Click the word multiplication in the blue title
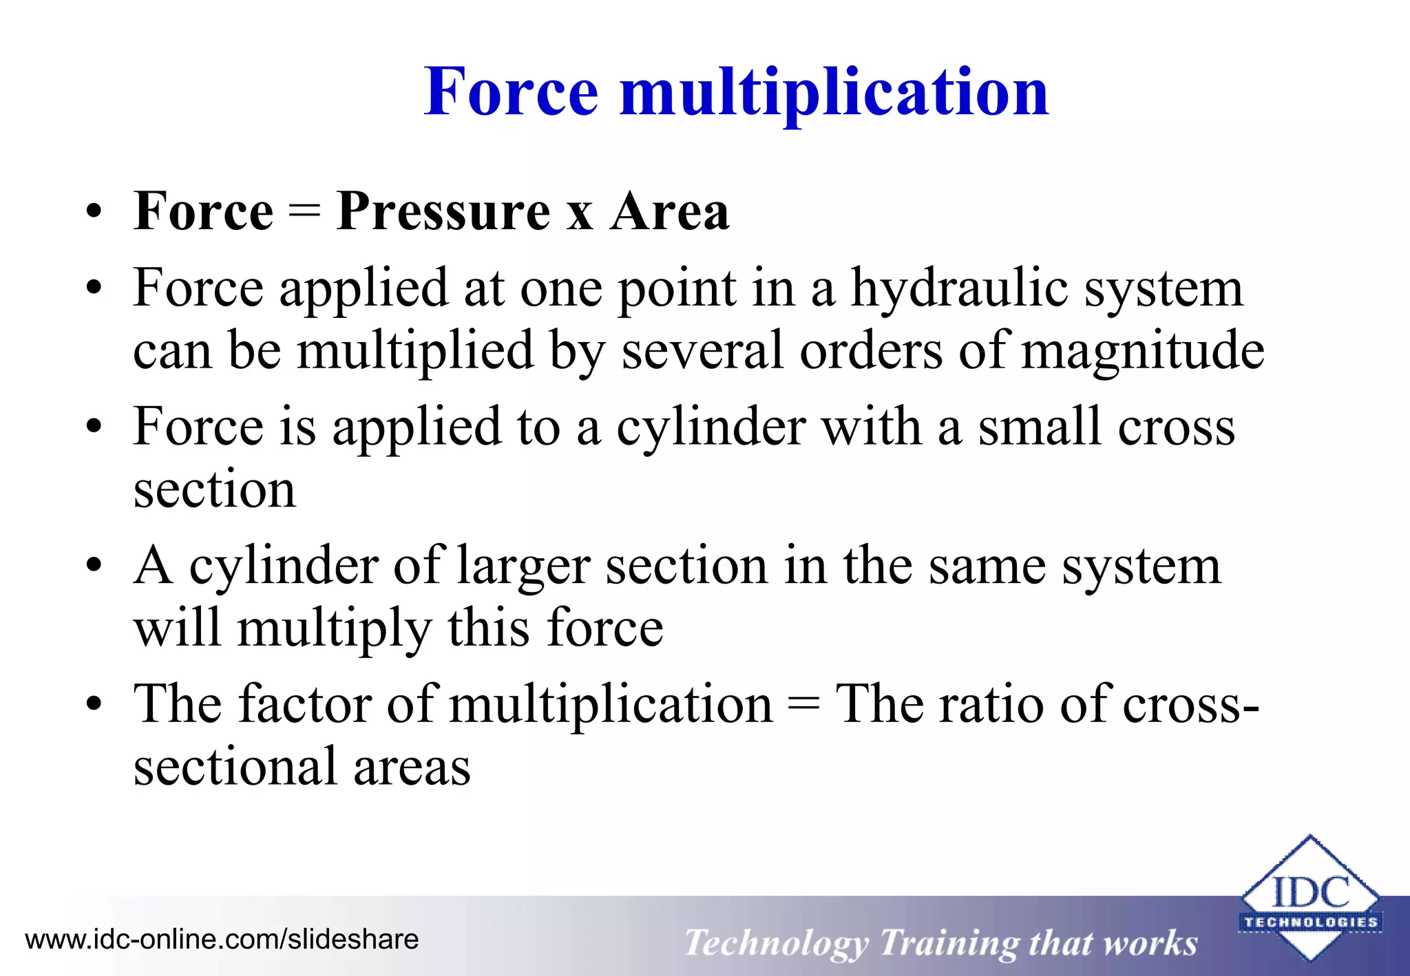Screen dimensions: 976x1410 [x=834, y=93]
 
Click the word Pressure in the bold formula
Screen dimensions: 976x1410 [x=443, y=211]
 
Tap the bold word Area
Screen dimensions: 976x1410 [x=669, y=211]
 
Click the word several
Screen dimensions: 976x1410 [x=702, y=351]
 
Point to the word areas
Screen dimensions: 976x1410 [x=412, y=767]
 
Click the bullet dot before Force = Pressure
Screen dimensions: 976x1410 [x=94, y=212]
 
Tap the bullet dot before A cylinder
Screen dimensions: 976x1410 [x=94, y=566]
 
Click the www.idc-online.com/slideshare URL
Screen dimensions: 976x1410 [x=222, y=940]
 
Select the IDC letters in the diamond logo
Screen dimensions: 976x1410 [x=1310, y=893]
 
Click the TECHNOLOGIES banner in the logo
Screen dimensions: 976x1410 [x=1310, y=922]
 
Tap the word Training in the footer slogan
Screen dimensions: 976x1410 [x=948, y=944]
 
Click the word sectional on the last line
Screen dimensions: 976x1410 [x=234, y=767]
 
